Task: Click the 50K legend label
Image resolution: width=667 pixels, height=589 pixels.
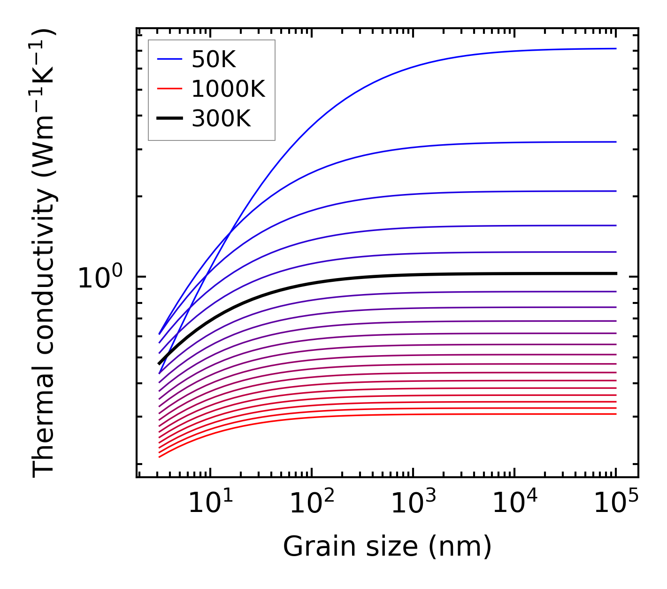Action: pos(214,59)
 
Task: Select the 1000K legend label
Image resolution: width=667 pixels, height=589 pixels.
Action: pos(228,89)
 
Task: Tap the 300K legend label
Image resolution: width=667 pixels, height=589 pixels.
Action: pos(221,119)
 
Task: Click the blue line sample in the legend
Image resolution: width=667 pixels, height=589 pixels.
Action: pos(169,59)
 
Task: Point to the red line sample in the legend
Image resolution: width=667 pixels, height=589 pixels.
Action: pos(169,89)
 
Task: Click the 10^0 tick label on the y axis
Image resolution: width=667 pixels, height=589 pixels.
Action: pos(100,278)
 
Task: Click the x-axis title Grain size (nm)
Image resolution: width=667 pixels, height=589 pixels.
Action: pos(387,547)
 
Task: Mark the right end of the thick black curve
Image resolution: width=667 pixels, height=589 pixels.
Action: pos(615,273)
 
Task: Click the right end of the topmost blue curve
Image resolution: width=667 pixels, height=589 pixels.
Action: pos(615,48)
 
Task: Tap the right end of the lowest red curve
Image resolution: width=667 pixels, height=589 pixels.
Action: pos(615,414)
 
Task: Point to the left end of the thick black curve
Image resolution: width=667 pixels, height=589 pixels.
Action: pos(160,364)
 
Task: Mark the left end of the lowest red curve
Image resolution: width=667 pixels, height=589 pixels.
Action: pos(160,457)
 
